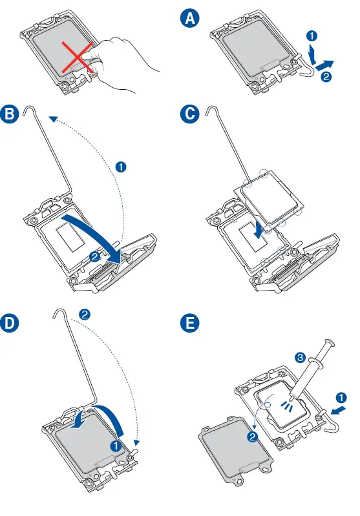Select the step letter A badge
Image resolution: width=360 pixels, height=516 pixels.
[190, 18]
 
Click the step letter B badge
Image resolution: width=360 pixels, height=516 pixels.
[9, 114]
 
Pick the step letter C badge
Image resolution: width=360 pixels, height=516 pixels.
[190, 114]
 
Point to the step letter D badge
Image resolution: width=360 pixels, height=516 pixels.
[9, 322]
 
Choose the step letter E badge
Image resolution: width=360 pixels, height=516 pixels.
[190, 322]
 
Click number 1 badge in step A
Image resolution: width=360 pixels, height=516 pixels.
[312, 36]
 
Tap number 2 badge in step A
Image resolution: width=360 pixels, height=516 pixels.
[326, 77]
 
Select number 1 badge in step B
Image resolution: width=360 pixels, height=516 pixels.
[121, 167]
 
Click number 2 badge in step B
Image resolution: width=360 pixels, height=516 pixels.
[94, 256]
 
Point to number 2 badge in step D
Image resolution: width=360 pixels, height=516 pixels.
[85, 315]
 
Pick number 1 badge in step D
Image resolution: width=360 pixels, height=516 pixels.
[116, 446]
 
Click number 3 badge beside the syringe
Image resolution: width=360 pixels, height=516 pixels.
[300, 357]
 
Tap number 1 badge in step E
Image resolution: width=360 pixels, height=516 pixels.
[341, 398]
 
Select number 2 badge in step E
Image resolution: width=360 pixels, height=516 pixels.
[252, 437]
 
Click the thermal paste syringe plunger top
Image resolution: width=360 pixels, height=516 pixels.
[330, 342]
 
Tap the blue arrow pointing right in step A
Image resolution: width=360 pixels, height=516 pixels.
[324, 64]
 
